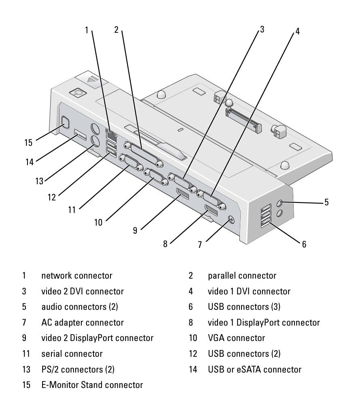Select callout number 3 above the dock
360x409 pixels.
pyautogui.click(x=262, y=29)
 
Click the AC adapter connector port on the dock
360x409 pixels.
pyautogui.click(x=231, y=219)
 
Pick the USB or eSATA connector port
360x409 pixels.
pyautogui.click(x=79, y=134)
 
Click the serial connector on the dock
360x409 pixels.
pyautogui.click(x=130, y=163)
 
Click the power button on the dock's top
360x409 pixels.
pyautogui.click(x=78, y=93)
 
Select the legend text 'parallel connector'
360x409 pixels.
pyautogui.click(x=242, y=276)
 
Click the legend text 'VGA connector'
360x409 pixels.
pyautogui.click(x=236, y=338)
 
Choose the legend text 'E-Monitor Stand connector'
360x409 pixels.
pyautogui.click(x=92, y=385)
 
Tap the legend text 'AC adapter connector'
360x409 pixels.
pyautogui.click(x=83, y=322)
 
